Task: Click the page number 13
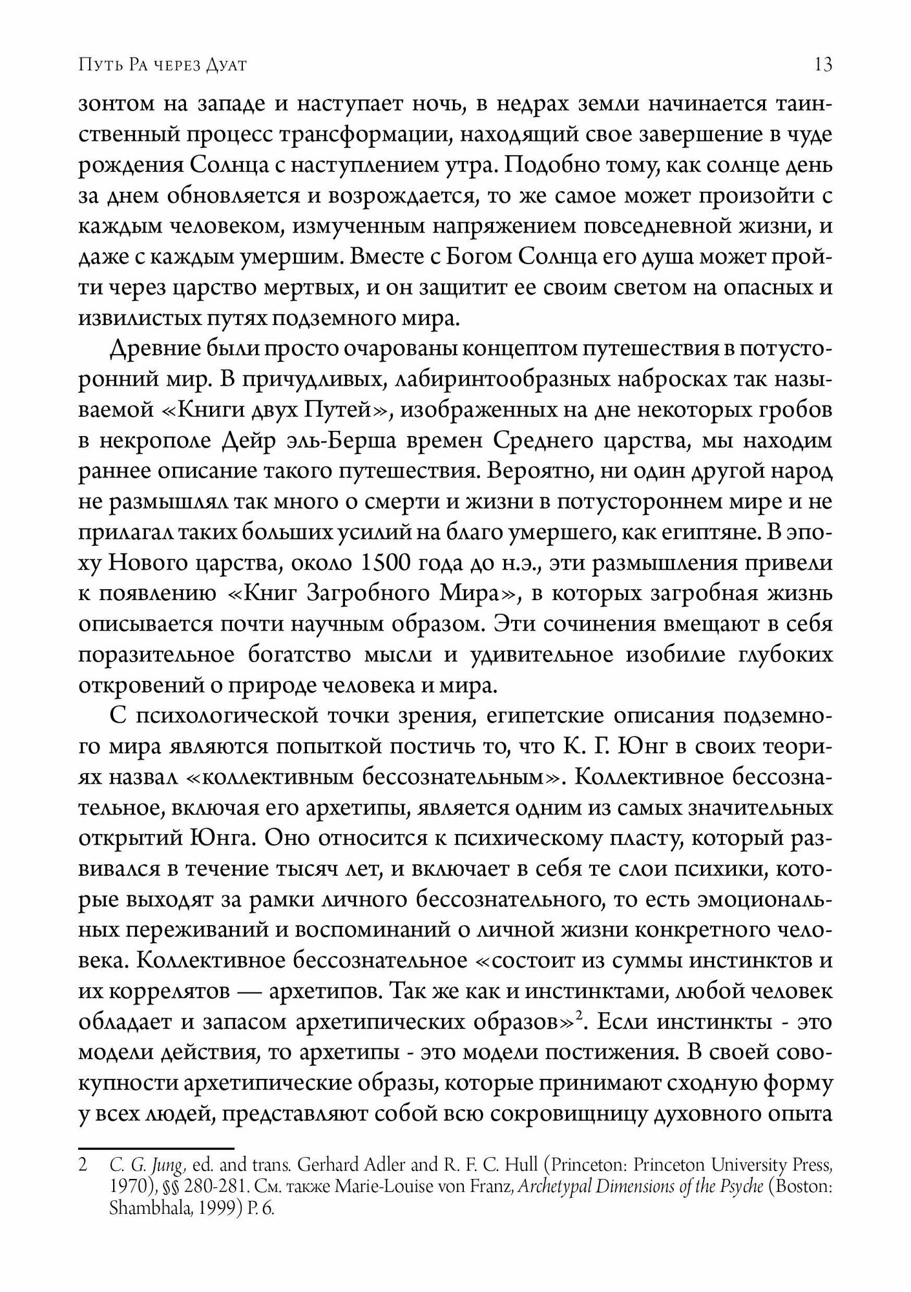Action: tap(823, 66)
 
